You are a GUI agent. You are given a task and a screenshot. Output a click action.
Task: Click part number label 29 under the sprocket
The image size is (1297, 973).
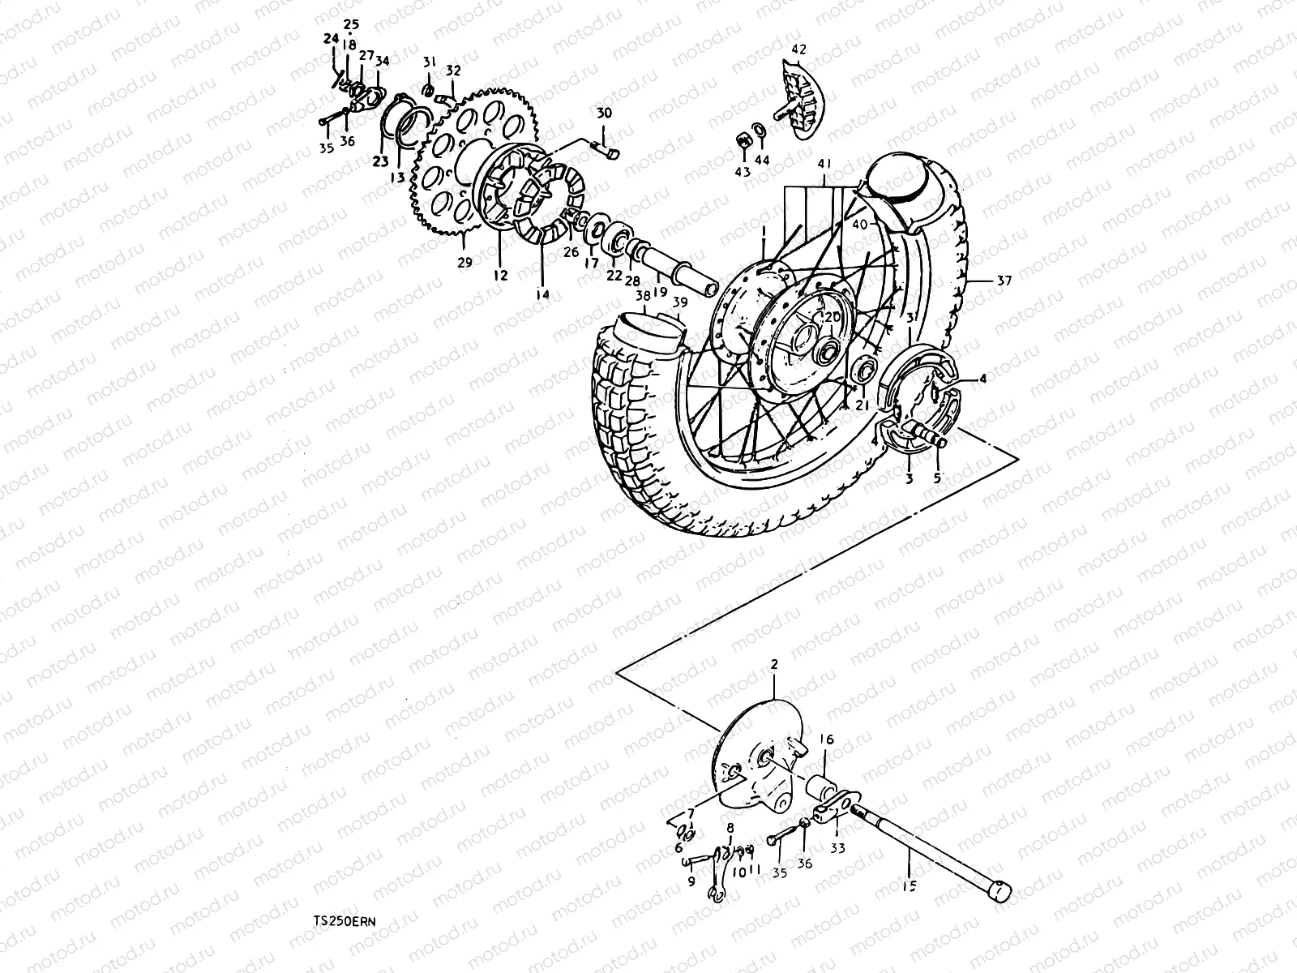click(464, 262)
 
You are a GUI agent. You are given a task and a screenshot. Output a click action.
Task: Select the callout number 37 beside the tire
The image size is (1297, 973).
click(1004, 281)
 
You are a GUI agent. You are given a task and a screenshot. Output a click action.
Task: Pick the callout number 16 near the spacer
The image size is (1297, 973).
click(826, 739)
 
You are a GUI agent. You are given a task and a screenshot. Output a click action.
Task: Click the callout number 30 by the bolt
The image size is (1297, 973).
click(605, 113)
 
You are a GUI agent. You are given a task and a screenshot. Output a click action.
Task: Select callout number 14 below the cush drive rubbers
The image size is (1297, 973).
click(541, 294)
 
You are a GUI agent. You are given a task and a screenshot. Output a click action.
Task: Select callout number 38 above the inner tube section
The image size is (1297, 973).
click(643, 297)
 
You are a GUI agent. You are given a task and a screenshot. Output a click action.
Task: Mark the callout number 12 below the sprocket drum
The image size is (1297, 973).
click(500, 276)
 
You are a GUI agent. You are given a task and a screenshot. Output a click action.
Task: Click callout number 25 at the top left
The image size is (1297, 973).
click(351, 24)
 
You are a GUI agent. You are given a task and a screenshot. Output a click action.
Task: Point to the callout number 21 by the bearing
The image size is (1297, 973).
click(863, 405)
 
